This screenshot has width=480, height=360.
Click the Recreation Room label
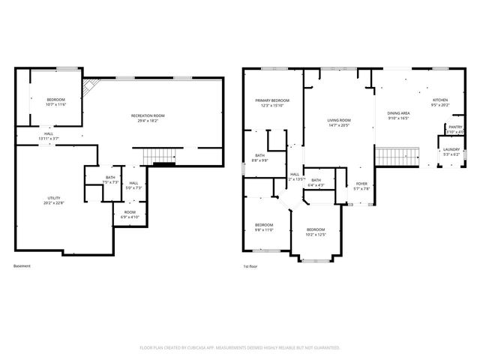(148, 115)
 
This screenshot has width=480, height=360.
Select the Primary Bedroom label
(271, 100)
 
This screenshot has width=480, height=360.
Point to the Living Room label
(339, 120)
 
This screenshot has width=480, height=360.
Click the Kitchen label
(439, 100)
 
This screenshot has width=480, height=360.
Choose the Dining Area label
(398, 112)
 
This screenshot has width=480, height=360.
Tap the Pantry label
(455, 127)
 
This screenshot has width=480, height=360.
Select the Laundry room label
(451, 149)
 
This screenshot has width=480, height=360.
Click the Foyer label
(361, 184)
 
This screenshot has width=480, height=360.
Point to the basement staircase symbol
(158, 155)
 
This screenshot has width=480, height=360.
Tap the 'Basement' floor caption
(22, 266)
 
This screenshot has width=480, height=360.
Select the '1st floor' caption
(250, 266)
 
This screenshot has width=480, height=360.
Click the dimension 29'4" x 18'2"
(148, 121)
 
